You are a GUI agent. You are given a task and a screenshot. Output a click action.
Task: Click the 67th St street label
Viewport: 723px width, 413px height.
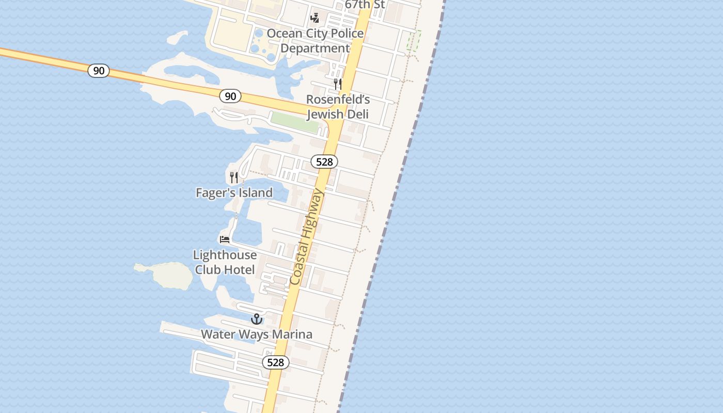coord(365,4)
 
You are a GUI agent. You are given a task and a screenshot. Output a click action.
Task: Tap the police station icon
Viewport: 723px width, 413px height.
coord(315,18)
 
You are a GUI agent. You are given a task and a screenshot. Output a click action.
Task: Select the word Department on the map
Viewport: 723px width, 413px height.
coord(315,48)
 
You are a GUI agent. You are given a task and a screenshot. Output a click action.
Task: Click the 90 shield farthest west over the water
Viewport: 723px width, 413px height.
coord(98,71)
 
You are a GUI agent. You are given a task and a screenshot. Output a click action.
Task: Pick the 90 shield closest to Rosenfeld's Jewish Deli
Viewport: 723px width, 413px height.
coord(230,96)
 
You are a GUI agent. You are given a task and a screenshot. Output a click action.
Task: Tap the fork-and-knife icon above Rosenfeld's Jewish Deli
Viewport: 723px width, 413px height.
coord(338,84)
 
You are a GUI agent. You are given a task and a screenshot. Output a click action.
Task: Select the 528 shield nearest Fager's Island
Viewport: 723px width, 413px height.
coord(324,162)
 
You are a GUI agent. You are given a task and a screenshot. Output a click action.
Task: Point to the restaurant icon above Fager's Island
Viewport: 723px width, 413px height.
coord(234,178)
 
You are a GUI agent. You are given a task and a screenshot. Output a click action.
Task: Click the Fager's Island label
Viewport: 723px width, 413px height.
coord(234,193)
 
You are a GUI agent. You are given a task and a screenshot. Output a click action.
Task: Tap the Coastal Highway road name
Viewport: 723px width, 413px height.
coord(307,237)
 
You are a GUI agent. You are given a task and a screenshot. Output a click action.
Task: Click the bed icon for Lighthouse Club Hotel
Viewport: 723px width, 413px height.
coord(225,240)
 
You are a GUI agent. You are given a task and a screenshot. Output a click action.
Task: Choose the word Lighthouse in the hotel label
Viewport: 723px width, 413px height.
coord(225,255)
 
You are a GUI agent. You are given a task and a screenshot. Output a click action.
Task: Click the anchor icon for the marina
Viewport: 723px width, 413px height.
coord(257,319)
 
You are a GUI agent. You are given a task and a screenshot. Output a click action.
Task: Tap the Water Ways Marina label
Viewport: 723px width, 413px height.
coord(257,334)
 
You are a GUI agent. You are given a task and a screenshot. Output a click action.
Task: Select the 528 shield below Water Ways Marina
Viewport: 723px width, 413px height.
coord(275,362)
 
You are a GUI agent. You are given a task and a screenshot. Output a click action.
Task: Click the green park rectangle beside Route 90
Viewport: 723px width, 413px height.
coord(295,122)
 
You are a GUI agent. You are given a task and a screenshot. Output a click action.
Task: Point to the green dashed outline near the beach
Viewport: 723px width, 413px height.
coord(414,40)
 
